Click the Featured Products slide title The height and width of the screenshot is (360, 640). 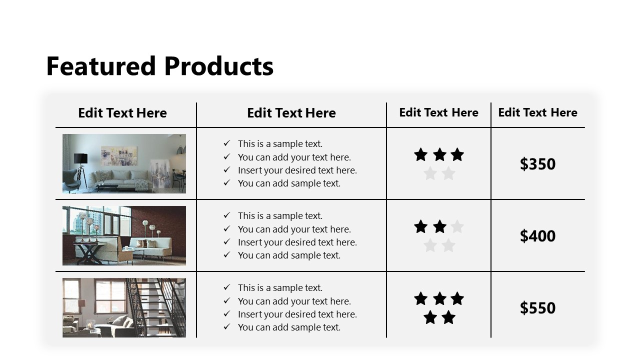pos(159,66)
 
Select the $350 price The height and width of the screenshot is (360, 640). pos(537,164)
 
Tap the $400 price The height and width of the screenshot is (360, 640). pos(537,236)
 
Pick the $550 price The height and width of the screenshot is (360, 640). pos(537,308)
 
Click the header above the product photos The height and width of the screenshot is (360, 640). pos(122,113)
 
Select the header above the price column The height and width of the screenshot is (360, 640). pos(537,112)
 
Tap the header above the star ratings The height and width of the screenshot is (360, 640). pos(438,112)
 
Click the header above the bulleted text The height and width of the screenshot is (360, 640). pos(291,113)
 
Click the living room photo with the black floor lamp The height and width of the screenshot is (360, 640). pos(124,163)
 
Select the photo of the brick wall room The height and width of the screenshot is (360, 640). pos(124,235)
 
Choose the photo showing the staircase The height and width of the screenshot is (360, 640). pos(124,307)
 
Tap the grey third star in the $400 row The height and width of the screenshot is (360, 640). pos(457,227)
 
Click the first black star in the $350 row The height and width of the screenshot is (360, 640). pos(420,155)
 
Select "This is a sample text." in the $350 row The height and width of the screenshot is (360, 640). pos(280,144)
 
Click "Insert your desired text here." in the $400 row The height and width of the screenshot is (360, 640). pos(297,242)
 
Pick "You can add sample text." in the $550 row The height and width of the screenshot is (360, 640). pos(289,327)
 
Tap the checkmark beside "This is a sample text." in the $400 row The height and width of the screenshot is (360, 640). pos(227,215)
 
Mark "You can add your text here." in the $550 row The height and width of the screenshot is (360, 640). pos(294,301)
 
